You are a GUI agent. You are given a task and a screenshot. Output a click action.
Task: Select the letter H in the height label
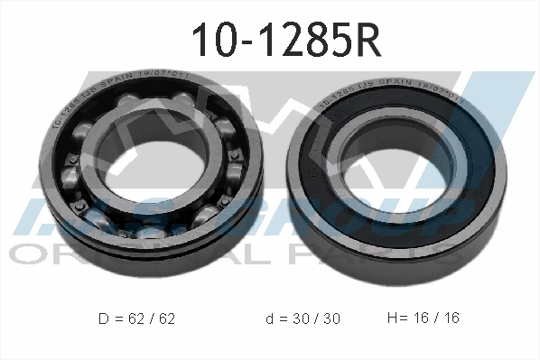click(391, 318)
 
